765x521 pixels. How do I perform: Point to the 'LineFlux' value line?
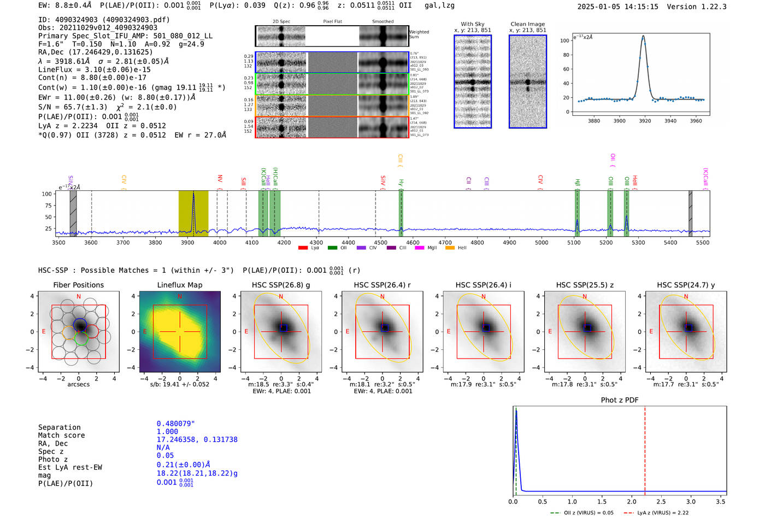[x=94, y=69]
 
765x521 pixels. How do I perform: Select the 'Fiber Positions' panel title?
[x=78, y=285]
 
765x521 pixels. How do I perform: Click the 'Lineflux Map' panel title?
[x=180, y=285]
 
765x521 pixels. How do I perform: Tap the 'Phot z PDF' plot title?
[x=620, y=400]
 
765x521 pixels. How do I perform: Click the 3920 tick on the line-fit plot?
[x=645, y=121]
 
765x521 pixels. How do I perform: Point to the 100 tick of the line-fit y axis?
[x=565, y=40]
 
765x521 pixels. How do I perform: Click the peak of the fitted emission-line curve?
[x=643, y=37]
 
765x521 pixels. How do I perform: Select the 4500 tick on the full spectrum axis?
[x=380, y=243]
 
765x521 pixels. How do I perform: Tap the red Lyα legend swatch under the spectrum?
[x=303, y=248]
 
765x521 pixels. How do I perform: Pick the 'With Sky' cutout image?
[x=473, y=81]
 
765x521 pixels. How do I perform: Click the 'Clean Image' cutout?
[x=527, y=81]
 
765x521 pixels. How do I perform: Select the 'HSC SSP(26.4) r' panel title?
[x=382, y=285]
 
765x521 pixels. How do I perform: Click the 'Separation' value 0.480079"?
[x=175, y=424]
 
